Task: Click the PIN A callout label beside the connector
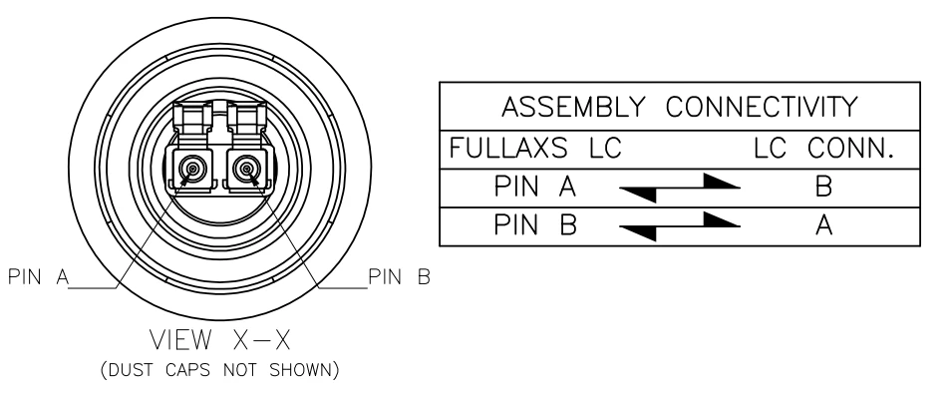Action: click(x=39, y=277)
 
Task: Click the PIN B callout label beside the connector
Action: click(x=400, y=277)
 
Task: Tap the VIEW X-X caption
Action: click(x=220, y=340)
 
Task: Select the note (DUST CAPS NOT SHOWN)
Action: click(x=220, y=369)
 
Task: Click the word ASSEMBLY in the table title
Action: click(x=573, y=107)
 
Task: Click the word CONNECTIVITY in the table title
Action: click(x=762, y=107)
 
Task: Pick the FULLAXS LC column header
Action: click(x=535, y=148)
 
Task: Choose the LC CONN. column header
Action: click(x=824, y=148)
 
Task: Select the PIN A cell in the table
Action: click(x=535, y=187)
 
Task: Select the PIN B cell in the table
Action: click(x=535, y=224)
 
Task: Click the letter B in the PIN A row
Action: click(x=823, y=187)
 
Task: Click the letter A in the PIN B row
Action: click(x=823, y=224)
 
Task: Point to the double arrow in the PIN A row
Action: click(x=680, y=188)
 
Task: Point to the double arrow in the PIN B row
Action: click(x=680, y=226)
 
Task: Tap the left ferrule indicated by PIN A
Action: click(x=192, y=168)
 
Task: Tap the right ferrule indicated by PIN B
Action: click(x=246, y=168)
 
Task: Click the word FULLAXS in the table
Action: click(x=508, y=148)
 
